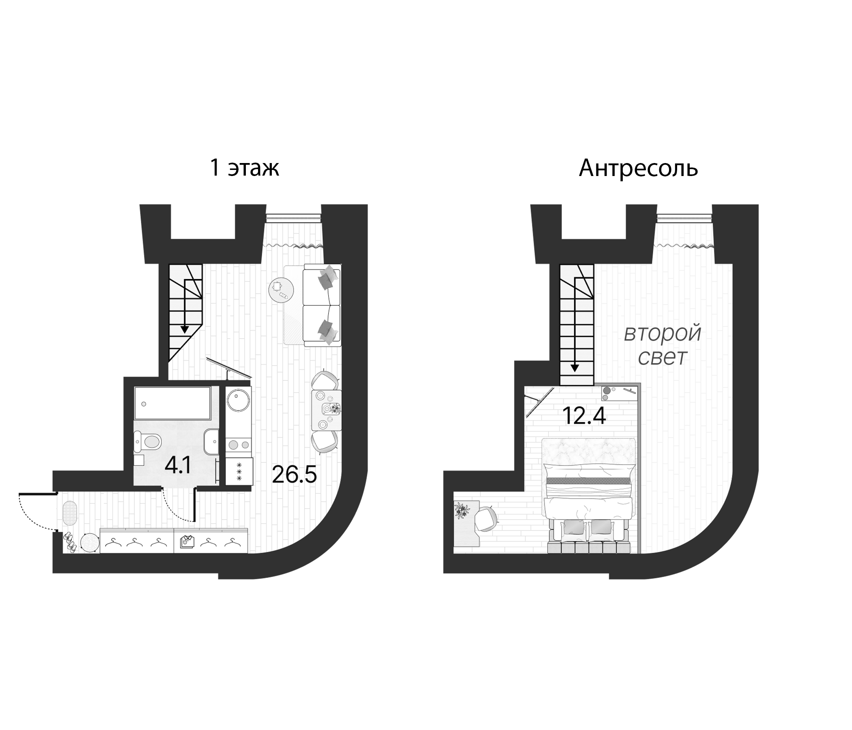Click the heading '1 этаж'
click(x=244, y=168)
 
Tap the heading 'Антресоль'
click(x=638, y=168)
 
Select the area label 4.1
click(x=177, y=466)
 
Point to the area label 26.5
click(x=294, y=475)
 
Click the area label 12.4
click(x=584, y=417)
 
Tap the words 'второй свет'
click(x=662, y=346)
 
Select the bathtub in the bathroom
click(x=173, y=403)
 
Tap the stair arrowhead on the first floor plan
click(x=185, y=329)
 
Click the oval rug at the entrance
click(x=70, y=512)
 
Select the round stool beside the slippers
click(x=90, y=543)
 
